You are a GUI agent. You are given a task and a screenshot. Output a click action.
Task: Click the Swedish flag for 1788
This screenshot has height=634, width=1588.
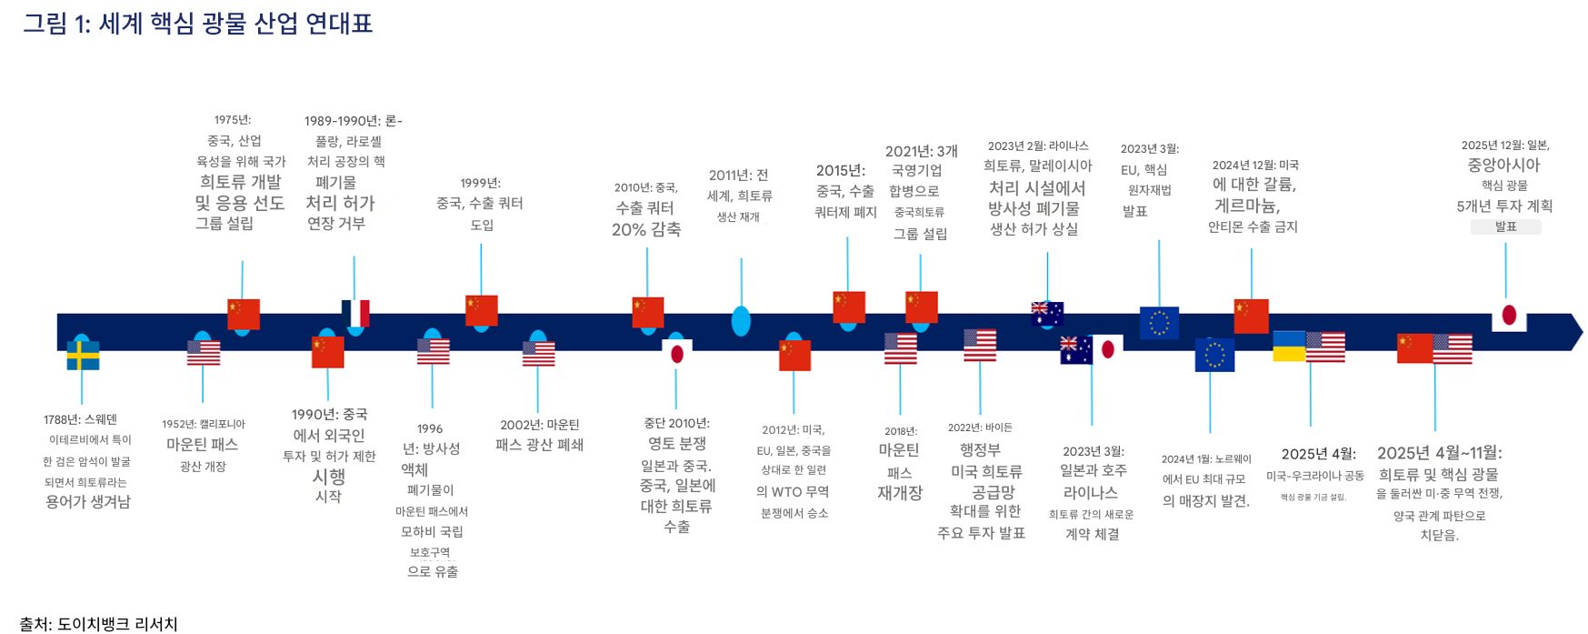[x=83, y=356]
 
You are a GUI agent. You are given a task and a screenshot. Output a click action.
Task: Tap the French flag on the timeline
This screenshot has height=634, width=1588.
[x=356, y=314]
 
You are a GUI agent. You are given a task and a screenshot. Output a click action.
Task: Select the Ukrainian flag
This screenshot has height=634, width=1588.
[x=1289, y=347]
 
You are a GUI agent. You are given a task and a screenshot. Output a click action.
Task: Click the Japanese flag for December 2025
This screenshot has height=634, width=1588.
[x=1509, y=317]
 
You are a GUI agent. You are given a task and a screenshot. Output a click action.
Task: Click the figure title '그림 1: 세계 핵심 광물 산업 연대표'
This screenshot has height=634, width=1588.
[x=197, y=24]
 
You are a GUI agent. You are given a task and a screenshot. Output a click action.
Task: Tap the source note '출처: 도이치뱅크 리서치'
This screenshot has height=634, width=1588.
[x=98, y=624]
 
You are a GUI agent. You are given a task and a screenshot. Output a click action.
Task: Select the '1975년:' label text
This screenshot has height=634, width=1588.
[x=233, y=120]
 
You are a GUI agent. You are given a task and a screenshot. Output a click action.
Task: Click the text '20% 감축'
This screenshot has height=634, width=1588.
[x=646, y=230]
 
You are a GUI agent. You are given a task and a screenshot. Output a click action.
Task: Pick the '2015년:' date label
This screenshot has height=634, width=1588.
[x=841, y=170]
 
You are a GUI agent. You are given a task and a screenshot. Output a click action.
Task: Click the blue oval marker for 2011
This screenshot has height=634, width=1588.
[x=741, y=321]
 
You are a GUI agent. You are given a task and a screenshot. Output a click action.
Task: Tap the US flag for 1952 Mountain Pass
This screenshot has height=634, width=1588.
[x=204, y=352]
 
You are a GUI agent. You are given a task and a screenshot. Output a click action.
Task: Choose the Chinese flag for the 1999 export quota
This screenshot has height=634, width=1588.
[x=481, y=310]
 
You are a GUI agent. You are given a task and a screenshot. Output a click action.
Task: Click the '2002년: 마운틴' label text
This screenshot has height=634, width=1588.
[x=539, y=425]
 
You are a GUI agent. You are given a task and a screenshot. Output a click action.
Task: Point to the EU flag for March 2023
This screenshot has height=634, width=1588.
[x=1159, y=323]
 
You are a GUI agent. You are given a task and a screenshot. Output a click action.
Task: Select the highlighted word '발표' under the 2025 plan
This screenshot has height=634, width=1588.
[x=1505, y=226]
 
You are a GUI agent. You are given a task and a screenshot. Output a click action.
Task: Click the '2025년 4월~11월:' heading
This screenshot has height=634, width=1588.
[x=1439, y=453]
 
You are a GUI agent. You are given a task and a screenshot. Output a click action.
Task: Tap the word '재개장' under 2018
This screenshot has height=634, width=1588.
[x=900, y=493]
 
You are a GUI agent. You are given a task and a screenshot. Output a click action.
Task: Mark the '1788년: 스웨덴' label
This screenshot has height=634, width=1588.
[x=81, y=419]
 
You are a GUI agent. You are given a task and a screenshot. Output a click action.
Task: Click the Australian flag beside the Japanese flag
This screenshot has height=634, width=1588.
[x=1075, y=350]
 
